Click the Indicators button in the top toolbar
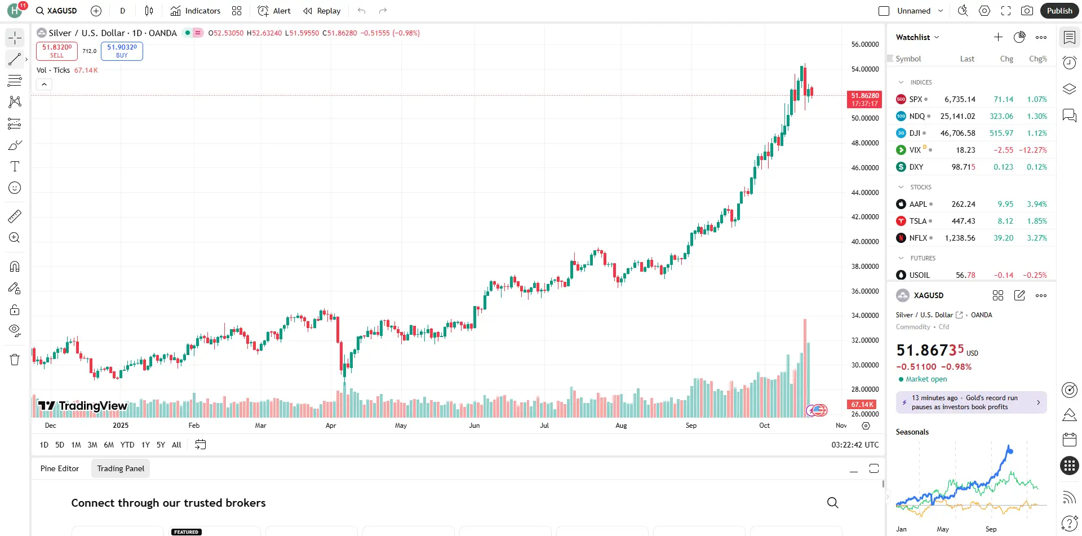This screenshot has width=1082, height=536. point(196,11)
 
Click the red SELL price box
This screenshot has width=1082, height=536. point(57,51)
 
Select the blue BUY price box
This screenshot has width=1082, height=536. point(122,51)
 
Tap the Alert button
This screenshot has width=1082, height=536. point(274,11)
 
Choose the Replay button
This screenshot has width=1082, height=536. point(322,11)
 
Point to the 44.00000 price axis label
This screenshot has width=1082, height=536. point(864,193)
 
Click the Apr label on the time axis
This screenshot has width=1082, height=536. point(331,426)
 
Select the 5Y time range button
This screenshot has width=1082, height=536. point(161,445)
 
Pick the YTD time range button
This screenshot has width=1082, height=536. point(127,445)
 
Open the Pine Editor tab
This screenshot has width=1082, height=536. point(60,468)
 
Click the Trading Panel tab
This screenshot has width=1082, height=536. point(121,468)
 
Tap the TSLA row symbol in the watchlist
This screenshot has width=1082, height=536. point(917,221)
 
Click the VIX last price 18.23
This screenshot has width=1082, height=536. point(965,150)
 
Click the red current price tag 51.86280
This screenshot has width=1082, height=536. point(864,99)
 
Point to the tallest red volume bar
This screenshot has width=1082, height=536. point(805,366)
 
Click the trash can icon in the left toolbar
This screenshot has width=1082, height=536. point(15,360)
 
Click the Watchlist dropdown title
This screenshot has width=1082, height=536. point(917,37)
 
